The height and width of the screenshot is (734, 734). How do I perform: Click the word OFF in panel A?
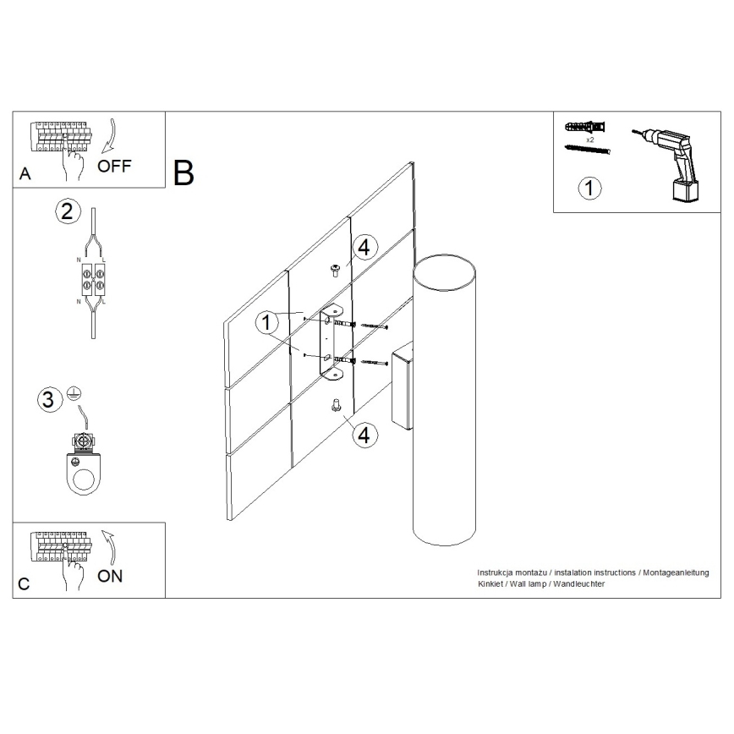[114, 166]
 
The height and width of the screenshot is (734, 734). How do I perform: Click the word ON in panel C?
[110, 576]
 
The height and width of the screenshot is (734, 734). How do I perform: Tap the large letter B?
[183, 172]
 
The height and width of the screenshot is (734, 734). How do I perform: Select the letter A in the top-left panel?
[25, 175]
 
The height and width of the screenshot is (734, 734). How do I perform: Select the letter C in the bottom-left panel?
[25, 584]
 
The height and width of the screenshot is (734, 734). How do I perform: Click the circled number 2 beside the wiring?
[67, 212]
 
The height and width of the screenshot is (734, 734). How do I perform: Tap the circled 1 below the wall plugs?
[589, 187]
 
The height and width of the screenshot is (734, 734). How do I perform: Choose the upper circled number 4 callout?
[363, 248]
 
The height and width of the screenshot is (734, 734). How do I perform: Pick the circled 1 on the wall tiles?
[267, 321]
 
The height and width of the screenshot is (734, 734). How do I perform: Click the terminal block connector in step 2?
[91, 276]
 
